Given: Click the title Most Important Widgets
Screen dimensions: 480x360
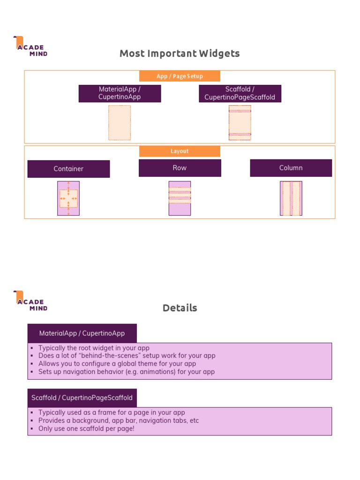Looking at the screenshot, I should tap(180, 53).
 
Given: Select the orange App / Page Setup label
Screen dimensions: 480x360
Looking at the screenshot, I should tap(180, 76).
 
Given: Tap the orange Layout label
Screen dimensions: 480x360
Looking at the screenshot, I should tap(180, 151).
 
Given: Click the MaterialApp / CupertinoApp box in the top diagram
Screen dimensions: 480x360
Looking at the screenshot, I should tap(120, 93).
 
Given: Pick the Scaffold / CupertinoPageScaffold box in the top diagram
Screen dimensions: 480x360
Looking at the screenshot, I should tap(240, 93).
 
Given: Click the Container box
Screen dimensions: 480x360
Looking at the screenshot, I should tap(68, 169).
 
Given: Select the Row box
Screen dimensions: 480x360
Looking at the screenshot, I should tap(180, 168).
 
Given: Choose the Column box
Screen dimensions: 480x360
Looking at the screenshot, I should tap(291, 168).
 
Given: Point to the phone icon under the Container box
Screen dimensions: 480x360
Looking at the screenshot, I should tap(68, 198).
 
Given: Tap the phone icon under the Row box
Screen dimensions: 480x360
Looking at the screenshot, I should tap(180, 198).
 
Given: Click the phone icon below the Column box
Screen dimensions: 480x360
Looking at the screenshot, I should tap(291, 198).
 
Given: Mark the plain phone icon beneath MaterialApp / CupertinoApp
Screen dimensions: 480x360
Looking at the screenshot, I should tap(120, 122).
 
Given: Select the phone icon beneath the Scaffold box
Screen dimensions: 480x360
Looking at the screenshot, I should tap(240, 122).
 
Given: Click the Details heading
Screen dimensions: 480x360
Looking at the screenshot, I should tap(180, 308).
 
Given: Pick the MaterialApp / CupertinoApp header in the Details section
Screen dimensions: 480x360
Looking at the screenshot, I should tap(82, 333).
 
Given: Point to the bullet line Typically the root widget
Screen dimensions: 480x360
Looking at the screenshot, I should tap(94, 348).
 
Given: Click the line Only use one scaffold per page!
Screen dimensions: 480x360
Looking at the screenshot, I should tap(86, 428).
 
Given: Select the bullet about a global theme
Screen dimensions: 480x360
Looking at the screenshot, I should tap(117, 364).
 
